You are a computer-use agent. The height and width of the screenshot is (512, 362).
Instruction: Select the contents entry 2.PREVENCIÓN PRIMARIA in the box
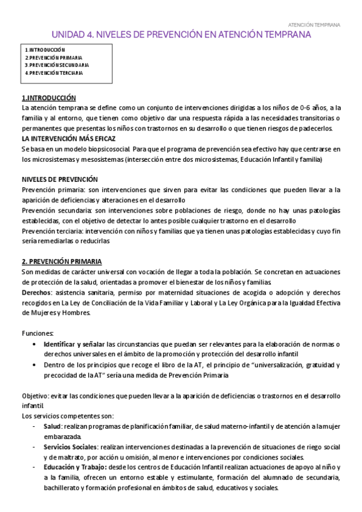54,57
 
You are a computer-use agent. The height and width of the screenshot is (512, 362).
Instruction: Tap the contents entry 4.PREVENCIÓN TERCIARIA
54,72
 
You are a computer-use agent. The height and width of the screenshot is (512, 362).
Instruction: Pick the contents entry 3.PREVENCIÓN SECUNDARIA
57,65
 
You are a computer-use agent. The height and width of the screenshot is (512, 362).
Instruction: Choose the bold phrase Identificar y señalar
74,344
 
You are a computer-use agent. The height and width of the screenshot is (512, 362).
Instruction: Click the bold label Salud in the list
51,426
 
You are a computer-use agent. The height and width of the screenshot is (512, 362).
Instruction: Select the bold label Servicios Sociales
69,447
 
